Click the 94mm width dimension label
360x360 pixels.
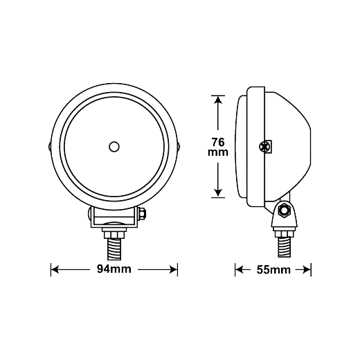(114, 269)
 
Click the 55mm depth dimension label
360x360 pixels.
(273, 270)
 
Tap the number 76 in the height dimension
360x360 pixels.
(218, 142)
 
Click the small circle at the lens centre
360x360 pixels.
(114, 147)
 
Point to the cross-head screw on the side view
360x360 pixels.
(264, 147)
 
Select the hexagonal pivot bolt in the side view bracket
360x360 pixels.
(284, 210)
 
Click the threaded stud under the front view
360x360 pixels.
(114, 249)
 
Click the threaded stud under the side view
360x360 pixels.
(285, 247)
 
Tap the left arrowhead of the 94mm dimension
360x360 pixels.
(55, 269)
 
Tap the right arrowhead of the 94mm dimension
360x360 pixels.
(174, 269)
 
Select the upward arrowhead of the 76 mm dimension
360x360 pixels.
(218, 100)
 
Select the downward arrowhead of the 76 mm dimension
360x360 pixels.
(218, 193)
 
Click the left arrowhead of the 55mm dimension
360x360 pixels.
(239, 269)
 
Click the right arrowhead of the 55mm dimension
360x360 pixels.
(307, 269)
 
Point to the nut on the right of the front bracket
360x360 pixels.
(143, 213)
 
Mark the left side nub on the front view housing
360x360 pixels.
(50, 147)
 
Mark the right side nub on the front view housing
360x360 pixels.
(179, 147)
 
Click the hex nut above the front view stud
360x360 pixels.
(114, 235)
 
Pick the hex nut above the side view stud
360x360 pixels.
(285, 234)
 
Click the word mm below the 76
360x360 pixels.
(218, 152)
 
